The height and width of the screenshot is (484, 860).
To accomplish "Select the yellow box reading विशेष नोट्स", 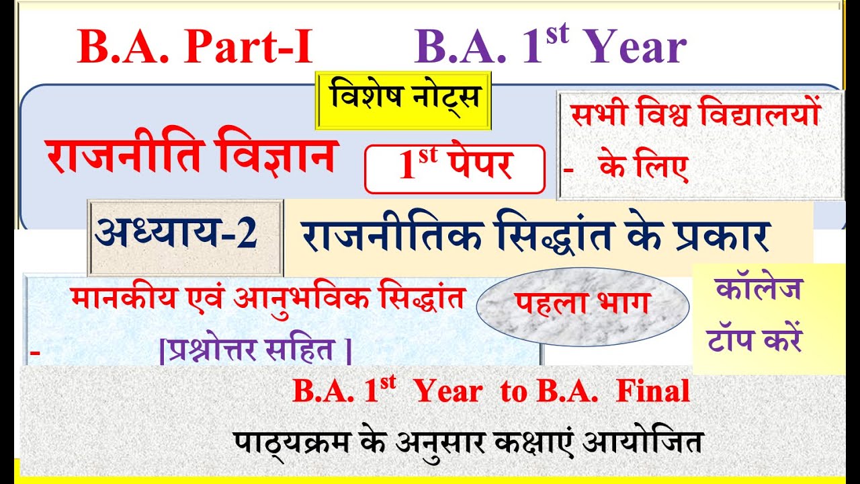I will tap(404, 99).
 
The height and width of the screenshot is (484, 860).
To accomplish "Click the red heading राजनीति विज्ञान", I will tap(190, 156).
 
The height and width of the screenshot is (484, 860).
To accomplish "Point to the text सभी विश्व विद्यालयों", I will tap(696, 116).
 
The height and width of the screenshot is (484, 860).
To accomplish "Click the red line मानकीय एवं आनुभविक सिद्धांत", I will tap(267, 299).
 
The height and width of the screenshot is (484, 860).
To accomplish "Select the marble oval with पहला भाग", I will tap(582, 305).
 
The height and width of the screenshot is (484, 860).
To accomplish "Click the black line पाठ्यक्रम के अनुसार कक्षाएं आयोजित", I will tap(469, 442).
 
